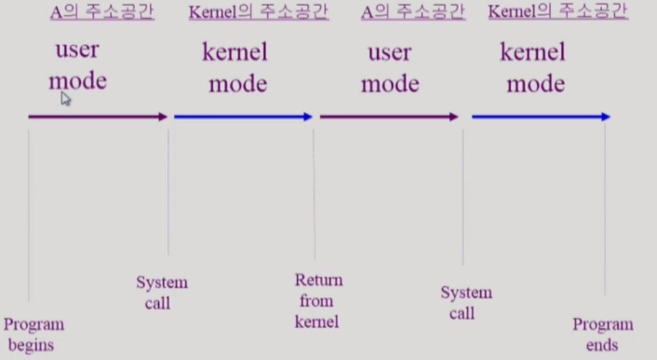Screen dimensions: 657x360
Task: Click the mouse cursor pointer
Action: pos(66,99)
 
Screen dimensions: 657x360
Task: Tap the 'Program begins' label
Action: pos(34,335)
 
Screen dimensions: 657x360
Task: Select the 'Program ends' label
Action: pos(602,335)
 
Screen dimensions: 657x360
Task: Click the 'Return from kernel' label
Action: pos(318,301)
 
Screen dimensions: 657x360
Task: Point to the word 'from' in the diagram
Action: pos(316,301)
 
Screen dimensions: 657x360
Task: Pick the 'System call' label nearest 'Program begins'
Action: pos(161,293)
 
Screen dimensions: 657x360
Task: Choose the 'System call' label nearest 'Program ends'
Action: pos(466,303)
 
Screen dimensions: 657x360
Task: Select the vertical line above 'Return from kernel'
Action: pos(314,192)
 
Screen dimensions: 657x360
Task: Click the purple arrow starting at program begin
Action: pos(97,117)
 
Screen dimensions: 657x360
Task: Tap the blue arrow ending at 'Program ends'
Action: pos(540,117)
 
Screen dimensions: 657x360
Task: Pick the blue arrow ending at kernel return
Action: pos(243,117)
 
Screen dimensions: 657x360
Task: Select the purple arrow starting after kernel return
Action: pos(388,117)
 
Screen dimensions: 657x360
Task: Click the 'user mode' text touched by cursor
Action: pos(78,65)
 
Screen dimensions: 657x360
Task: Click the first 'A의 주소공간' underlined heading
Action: pos(102,13)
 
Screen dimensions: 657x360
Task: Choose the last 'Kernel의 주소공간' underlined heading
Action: pos(558,12)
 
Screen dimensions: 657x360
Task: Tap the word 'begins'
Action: pos(31,346)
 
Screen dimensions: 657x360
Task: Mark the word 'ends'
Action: pos(602,345)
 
